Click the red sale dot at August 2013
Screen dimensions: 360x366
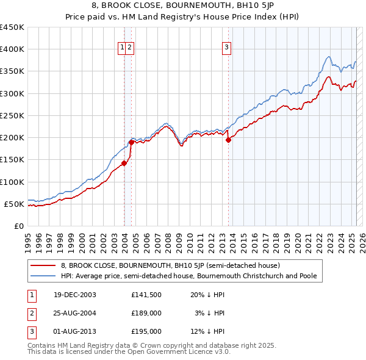click(x=228, y=140)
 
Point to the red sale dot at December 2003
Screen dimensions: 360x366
click(x=124, y=163)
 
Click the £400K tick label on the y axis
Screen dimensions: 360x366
click(x=12, y=49)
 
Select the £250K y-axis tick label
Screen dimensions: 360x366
click(x=12, y=115)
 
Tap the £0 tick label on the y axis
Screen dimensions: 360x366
click(x=18, y=226)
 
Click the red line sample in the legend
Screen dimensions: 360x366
click(x=43, y=266)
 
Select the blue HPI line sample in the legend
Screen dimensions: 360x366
click(x=43, y=276)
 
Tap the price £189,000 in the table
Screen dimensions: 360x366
click(x=146, y=313)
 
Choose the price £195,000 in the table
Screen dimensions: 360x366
click(x=146, y=331)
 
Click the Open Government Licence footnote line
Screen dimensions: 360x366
click(x=129, y=352)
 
